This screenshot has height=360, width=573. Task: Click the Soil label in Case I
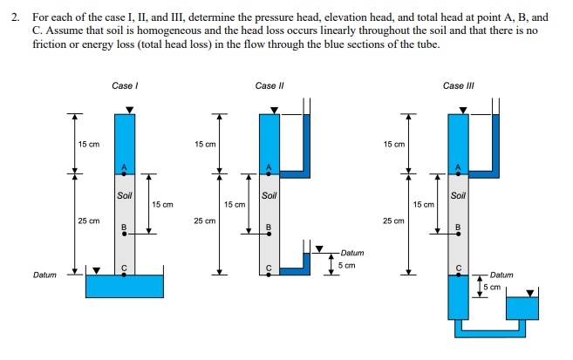coord(125,194)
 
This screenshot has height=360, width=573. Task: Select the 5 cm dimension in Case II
coord(345,265)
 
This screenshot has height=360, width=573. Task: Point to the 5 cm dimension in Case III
coord(493,286)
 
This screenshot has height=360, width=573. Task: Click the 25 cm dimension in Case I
coord(88,221)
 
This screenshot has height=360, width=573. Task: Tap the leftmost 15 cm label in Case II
coord(205,144)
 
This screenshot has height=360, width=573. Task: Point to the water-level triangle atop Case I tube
coord(129,109)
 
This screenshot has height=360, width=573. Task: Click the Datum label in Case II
coord(352,253)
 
